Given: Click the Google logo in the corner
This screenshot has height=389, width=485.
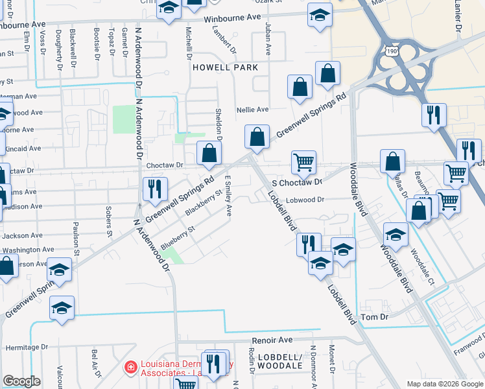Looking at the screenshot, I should click(x=21, y=381).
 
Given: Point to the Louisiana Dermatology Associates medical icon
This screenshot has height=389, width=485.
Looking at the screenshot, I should click(x=130, y=367).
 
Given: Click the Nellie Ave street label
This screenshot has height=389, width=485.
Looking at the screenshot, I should click(x=252, y=110).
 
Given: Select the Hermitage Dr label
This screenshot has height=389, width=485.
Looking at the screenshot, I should click(x=21, y=348).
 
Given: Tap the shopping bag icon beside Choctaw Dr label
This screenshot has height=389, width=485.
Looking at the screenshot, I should click(x=209, y=154).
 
